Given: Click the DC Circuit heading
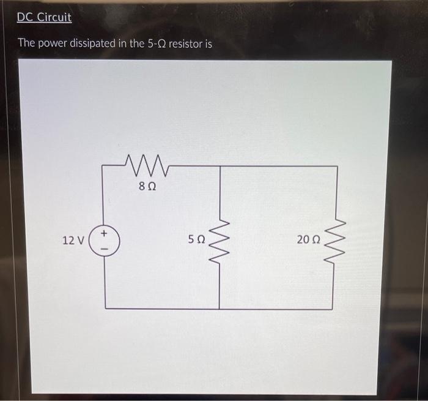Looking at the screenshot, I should tap(44, 18).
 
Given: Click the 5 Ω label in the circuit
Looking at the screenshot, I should tap(196, 240).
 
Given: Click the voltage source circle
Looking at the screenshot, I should tap(105, 240).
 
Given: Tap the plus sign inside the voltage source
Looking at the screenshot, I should tap(105, 233).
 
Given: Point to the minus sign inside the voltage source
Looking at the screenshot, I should tap(105, 248).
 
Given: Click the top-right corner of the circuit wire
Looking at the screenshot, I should tap(337, 166).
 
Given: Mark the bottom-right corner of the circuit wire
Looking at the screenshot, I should tap(337, 309).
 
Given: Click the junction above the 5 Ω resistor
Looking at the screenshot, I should tap(219, 166).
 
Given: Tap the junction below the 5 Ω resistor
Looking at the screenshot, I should tap(219, 309).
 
